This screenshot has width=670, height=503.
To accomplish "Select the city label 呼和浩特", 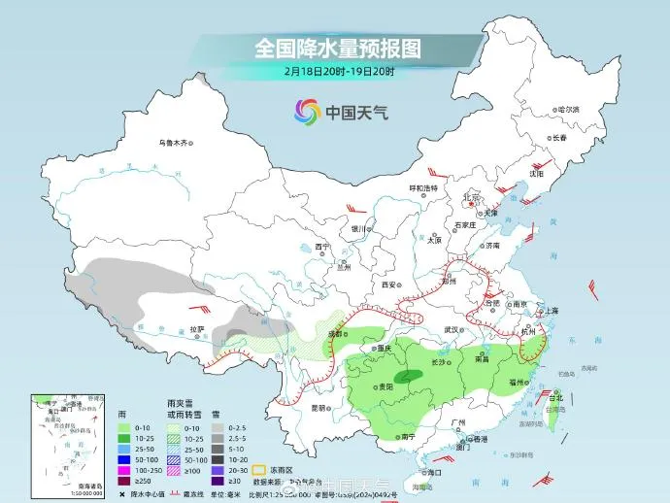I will pyautogui.click(x=422, y=186).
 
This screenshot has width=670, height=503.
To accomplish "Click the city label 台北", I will pyautogui.click(x=555, y=398).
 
